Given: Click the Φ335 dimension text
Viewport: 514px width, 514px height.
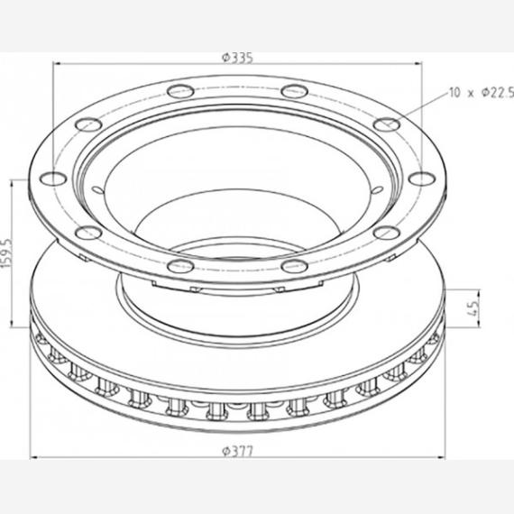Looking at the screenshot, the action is (x=238, y=58).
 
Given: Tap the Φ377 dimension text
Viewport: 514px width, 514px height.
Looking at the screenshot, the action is (x=238, y=452).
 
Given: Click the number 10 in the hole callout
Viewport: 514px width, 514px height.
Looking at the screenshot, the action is (x=454, y=93).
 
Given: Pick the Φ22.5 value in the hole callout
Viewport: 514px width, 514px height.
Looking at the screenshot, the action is (x=497, y=93).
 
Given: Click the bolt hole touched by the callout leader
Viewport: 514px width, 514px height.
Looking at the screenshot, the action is (x=387, y=124).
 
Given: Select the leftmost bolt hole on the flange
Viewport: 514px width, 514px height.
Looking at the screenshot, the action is (x=53, y=179).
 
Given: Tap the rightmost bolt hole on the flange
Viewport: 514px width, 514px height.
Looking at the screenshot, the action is (x=422, y=179).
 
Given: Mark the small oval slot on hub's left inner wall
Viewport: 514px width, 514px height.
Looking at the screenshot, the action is (x=97, y=189).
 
